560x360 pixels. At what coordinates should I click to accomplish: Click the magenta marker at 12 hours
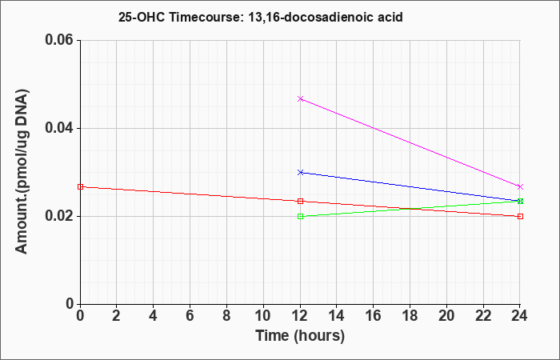click(300, 98)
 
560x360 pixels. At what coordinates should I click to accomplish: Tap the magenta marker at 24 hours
click(520, 186)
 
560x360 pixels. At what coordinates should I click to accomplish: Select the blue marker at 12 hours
click(300, 172)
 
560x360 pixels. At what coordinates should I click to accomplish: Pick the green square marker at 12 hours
click(300, 216)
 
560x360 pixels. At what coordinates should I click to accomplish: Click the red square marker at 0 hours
click(80, 186)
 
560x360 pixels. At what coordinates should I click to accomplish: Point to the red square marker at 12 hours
click(300, 201)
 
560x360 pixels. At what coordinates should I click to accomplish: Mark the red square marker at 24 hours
click(520, 216)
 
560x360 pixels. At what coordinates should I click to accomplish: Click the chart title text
click(261, 17)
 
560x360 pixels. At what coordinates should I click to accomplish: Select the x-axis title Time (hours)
click(300, 336)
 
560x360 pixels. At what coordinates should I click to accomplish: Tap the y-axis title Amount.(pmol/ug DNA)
click(22, 171)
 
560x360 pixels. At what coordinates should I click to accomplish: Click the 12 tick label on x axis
click(300, 316)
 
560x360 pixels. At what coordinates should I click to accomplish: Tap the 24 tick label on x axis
click(520, 316)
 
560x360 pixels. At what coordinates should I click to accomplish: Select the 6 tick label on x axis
click(190, 316)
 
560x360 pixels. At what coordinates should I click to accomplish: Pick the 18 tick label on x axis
click(410, 316)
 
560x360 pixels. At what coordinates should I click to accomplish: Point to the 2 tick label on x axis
click(117, 316)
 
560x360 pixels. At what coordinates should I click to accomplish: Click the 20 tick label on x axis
click(446, 316)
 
